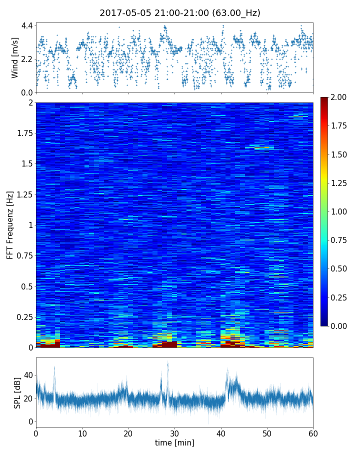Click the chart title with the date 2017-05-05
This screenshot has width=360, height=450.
pyautogui.click(x=180, y=13)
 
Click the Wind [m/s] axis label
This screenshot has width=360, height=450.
pyautogui.click(x=15, y=57)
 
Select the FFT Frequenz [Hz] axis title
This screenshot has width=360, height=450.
pyautogui.click(x=10, y=224)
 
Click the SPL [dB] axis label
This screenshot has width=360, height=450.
pyautogui.click(x=17, y=392)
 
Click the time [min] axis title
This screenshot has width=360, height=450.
pyautogui.click(x=174, y=443)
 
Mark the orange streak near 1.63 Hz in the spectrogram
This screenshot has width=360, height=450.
pyautogui.click(x=263, y=148)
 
